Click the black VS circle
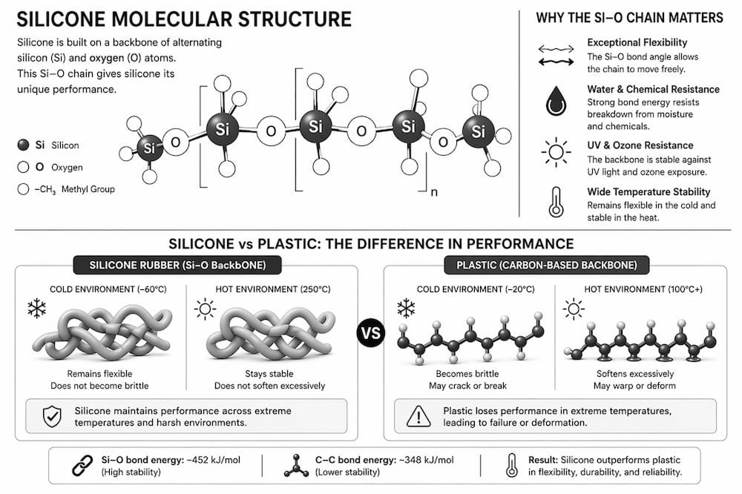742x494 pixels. [370, 332]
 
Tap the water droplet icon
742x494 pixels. [556, 101]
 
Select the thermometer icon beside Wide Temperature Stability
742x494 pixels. [556, 202]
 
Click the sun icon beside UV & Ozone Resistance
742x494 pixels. [556, 152]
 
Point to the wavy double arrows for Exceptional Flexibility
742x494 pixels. [556, 55]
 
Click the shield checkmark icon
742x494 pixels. [52, 416]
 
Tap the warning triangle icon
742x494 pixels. [418, 416]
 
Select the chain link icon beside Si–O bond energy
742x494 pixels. [82, 466]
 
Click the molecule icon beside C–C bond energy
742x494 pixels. [296, 466]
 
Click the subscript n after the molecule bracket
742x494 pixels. [434, 192]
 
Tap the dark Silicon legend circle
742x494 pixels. [23, 145]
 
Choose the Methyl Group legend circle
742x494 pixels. [23, 189]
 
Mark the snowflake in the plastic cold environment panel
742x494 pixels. [406, 308]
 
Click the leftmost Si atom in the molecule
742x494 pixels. [150, 148]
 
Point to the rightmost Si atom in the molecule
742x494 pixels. [478, 131]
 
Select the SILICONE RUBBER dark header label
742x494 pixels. [177, 265]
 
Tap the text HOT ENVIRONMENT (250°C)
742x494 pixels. [273, 289]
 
